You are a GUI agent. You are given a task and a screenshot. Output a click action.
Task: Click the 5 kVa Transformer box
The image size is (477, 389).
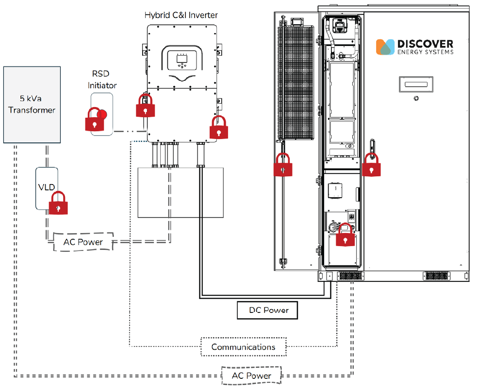point(32,105)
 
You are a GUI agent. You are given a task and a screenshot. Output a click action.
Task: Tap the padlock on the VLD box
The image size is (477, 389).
point(58,203)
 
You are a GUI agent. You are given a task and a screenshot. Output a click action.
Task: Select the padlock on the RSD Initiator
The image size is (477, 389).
point(96,119)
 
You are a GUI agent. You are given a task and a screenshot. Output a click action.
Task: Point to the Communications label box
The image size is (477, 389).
point(243,347)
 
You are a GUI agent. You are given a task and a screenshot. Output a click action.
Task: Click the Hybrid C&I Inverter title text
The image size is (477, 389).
point(181,15)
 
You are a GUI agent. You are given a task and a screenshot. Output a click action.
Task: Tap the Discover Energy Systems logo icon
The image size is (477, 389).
point(385,47)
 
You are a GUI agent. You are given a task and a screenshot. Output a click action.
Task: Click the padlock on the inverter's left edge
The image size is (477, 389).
point(145,105)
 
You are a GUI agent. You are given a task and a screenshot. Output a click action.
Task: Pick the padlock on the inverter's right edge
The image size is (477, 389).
point(218,127)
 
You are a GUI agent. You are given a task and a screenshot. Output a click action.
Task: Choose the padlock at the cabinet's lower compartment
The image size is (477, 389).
point(345,235)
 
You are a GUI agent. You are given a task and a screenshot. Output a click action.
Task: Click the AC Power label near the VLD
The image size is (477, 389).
point(83,242)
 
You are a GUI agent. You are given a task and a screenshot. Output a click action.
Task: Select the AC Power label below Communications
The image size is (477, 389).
point(251,375)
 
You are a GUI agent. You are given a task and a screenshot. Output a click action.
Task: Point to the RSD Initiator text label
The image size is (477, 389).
point(102,79)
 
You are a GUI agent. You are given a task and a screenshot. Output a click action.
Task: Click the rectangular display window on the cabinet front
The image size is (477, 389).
point(414,84)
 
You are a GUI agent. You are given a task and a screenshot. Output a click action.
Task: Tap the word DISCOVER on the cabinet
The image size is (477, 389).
point(425,44)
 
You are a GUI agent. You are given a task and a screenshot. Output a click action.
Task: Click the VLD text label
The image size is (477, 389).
point(46,187)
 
